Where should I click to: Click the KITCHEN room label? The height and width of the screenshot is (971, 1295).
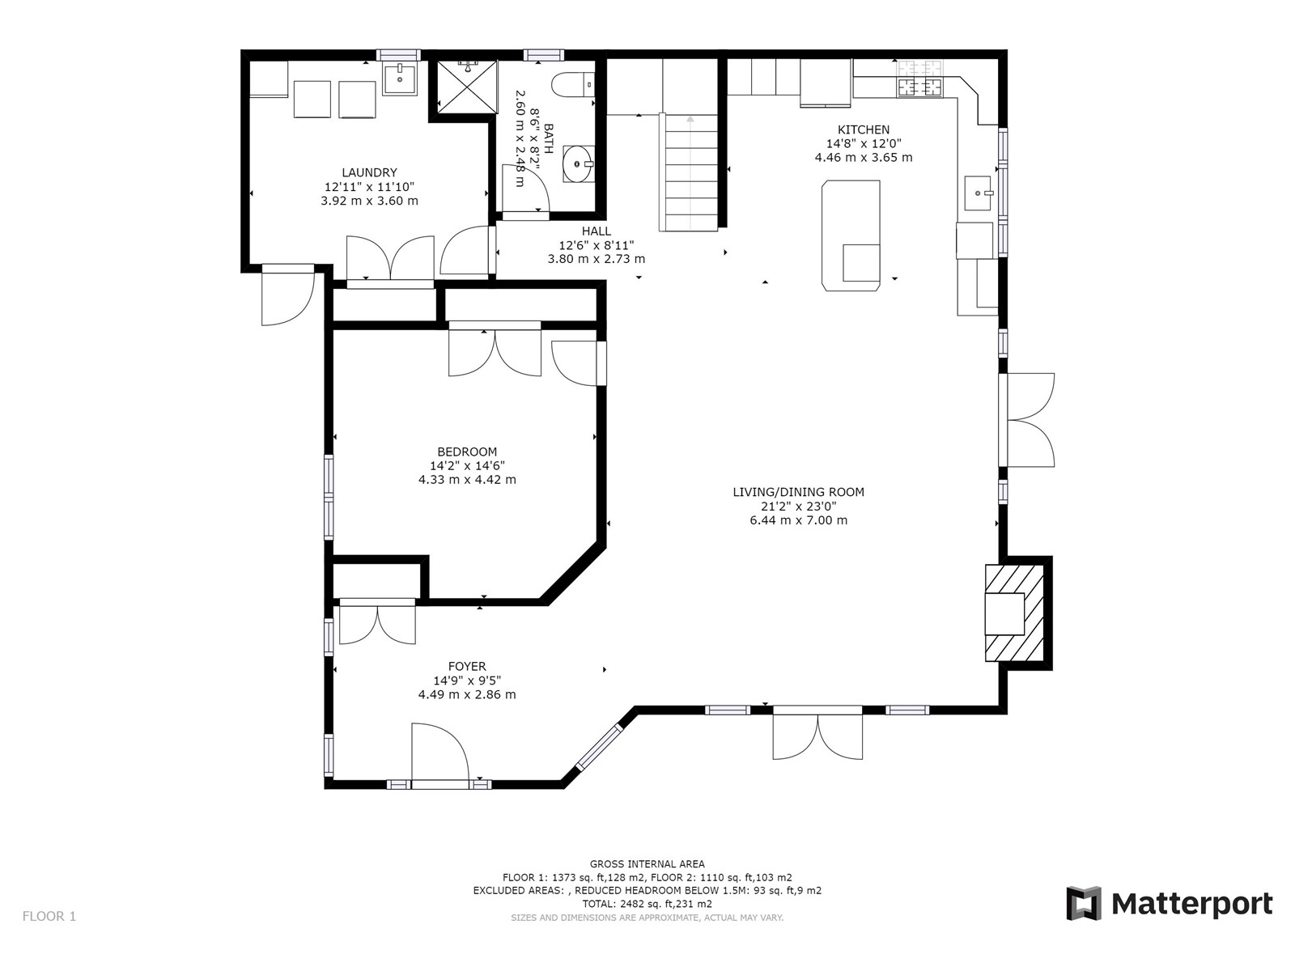point(863,129)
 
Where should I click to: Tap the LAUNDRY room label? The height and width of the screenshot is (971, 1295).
point(369,172)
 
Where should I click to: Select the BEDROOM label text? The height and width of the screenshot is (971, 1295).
point(467,452)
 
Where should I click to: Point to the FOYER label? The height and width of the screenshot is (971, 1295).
point(467,667)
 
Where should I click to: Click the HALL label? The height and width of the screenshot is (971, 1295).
point(597,231)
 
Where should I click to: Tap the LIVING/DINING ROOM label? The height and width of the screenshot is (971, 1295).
point(798,492)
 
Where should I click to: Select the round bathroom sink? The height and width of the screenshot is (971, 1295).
point(578,164)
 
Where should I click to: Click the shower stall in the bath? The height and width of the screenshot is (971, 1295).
point(467,87)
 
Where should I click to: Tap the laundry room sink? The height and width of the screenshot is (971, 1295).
point(399,79)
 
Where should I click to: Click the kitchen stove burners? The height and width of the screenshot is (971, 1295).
point(919,80)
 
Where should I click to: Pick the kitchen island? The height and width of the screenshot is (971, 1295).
point(851,235)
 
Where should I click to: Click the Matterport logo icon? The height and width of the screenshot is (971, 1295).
point(1083,903)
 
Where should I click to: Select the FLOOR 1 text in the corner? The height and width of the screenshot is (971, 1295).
point(49,916)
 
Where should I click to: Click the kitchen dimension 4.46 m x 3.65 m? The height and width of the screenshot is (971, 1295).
point(863,158)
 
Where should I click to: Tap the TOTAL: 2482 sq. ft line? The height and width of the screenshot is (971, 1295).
point(647,904)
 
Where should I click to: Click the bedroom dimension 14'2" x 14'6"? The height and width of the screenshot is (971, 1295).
point(467,466)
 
